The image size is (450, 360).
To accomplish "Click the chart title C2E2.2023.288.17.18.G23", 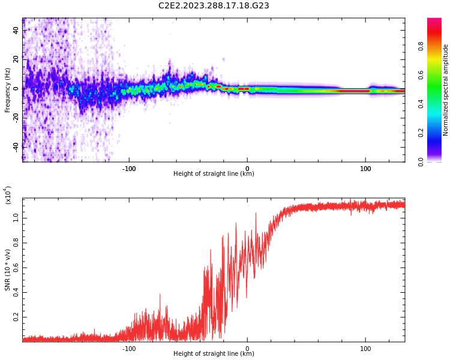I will pyautogui.click(x=214, y=5).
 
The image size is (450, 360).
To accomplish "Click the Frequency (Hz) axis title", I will pyautogui.click(x=8, y=90).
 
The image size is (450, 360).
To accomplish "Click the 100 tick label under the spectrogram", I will pyautogui.click(x=365, y=168).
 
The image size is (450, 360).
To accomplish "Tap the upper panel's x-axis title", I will pyautogui.click(x=214, y=174).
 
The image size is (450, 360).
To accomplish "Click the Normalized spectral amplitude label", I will pyautogui.click(x=446, y=90).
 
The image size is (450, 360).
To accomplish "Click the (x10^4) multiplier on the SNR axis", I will pyautogui.click(x=8, y=194).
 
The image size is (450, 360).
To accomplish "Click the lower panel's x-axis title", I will pyautogui.click(x=214, y=354).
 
